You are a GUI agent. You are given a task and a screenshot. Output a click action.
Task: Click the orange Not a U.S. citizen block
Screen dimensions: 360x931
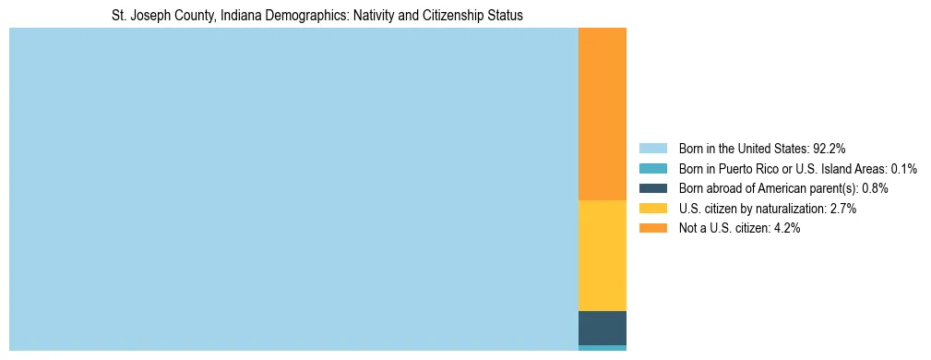(602, 114)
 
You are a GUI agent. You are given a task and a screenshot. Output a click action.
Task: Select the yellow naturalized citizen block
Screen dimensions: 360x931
(602, 256)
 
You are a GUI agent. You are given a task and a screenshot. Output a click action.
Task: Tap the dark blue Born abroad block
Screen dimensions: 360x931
(602, 328)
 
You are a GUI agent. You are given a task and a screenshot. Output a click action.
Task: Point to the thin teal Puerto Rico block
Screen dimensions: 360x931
(602, 348)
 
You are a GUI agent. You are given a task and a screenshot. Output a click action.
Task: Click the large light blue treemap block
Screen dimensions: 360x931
(293, 189)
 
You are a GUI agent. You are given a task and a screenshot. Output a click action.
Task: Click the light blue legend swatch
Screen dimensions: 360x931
(652, 148)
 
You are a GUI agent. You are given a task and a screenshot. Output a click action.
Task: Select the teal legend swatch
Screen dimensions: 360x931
(652, 168)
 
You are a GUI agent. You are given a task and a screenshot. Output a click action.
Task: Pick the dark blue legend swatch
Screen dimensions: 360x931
(652, 188)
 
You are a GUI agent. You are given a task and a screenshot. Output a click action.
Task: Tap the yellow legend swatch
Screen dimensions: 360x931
(652, 209)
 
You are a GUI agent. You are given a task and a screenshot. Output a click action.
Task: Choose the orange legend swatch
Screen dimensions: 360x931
(652, 229)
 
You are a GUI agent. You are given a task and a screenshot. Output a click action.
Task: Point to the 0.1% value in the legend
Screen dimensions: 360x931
(903, 168)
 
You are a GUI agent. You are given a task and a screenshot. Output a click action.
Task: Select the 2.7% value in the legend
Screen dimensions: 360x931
(842, 209)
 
